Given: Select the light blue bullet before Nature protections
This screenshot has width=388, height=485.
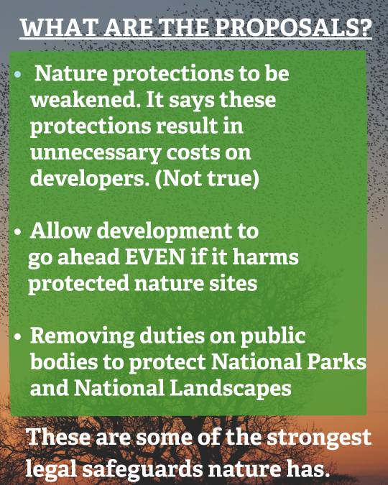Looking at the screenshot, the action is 18,74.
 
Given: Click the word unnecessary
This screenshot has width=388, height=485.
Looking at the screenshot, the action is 96,154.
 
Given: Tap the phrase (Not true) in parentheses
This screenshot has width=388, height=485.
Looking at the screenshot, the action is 207,179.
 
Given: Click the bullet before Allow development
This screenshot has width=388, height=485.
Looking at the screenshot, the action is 18,231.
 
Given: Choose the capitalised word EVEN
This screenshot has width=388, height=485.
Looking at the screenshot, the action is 154,257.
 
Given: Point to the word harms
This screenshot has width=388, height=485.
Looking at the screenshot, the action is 265,257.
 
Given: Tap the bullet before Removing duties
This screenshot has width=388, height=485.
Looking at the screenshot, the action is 18,336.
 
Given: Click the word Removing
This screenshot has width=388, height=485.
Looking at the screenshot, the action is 83,336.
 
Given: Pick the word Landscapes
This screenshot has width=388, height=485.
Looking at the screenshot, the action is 231,389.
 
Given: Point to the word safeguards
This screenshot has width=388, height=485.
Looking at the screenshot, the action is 142,469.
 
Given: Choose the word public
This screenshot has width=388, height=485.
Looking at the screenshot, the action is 273,336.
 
